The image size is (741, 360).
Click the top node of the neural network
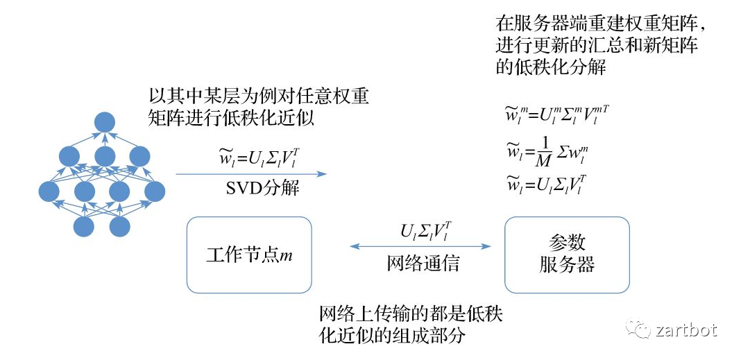coord(104,122)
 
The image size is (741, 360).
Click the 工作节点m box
coord(249,254)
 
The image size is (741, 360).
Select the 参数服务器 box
coord(567,254)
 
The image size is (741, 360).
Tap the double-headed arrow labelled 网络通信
coord(421,246)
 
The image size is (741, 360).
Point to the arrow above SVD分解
coord(250,174)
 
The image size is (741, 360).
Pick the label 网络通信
coord(423,264)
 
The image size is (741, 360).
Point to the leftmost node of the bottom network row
coord(84,226)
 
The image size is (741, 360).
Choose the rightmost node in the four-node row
coord(155,191)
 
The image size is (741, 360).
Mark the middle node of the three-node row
coord(104,156)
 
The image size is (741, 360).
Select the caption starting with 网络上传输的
coord(410,325)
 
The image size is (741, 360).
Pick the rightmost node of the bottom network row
coord(119,226)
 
